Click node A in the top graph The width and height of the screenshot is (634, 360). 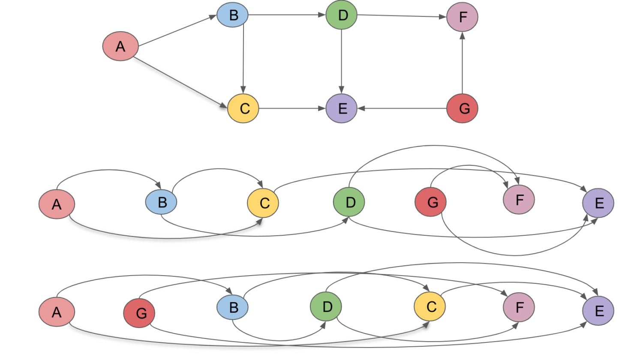(x=120, y=46)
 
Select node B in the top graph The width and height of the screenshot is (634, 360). (x=233, y=15)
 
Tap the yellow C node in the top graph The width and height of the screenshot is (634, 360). (x=243, y=108)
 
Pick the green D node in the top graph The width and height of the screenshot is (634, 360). (x=342, y=15)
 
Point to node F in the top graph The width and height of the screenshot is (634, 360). (x=462, y=17)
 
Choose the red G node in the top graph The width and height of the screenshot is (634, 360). (x=462, y=108)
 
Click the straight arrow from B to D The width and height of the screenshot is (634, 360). (x=286, y=15)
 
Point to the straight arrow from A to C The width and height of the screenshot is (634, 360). (x=180, y=81)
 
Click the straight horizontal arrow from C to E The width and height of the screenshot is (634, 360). (x=292, y=108)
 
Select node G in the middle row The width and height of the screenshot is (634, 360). (x=431, y=202)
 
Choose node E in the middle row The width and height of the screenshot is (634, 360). (x=598, y=203)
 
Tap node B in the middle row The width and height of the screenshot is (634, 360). (x=161, y=202)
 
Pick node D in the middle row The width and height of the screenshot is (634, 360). (x=349, y=202)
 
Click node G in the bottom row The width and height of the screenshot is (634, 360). (x=139, y=313)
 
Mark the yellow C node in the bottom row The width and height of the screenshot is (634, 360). (x=430, y=307)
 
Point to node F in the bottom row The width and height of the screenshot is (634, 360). (x=519, y=307)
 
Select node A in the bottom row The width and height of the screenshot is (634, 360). (x=57, y=312)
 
